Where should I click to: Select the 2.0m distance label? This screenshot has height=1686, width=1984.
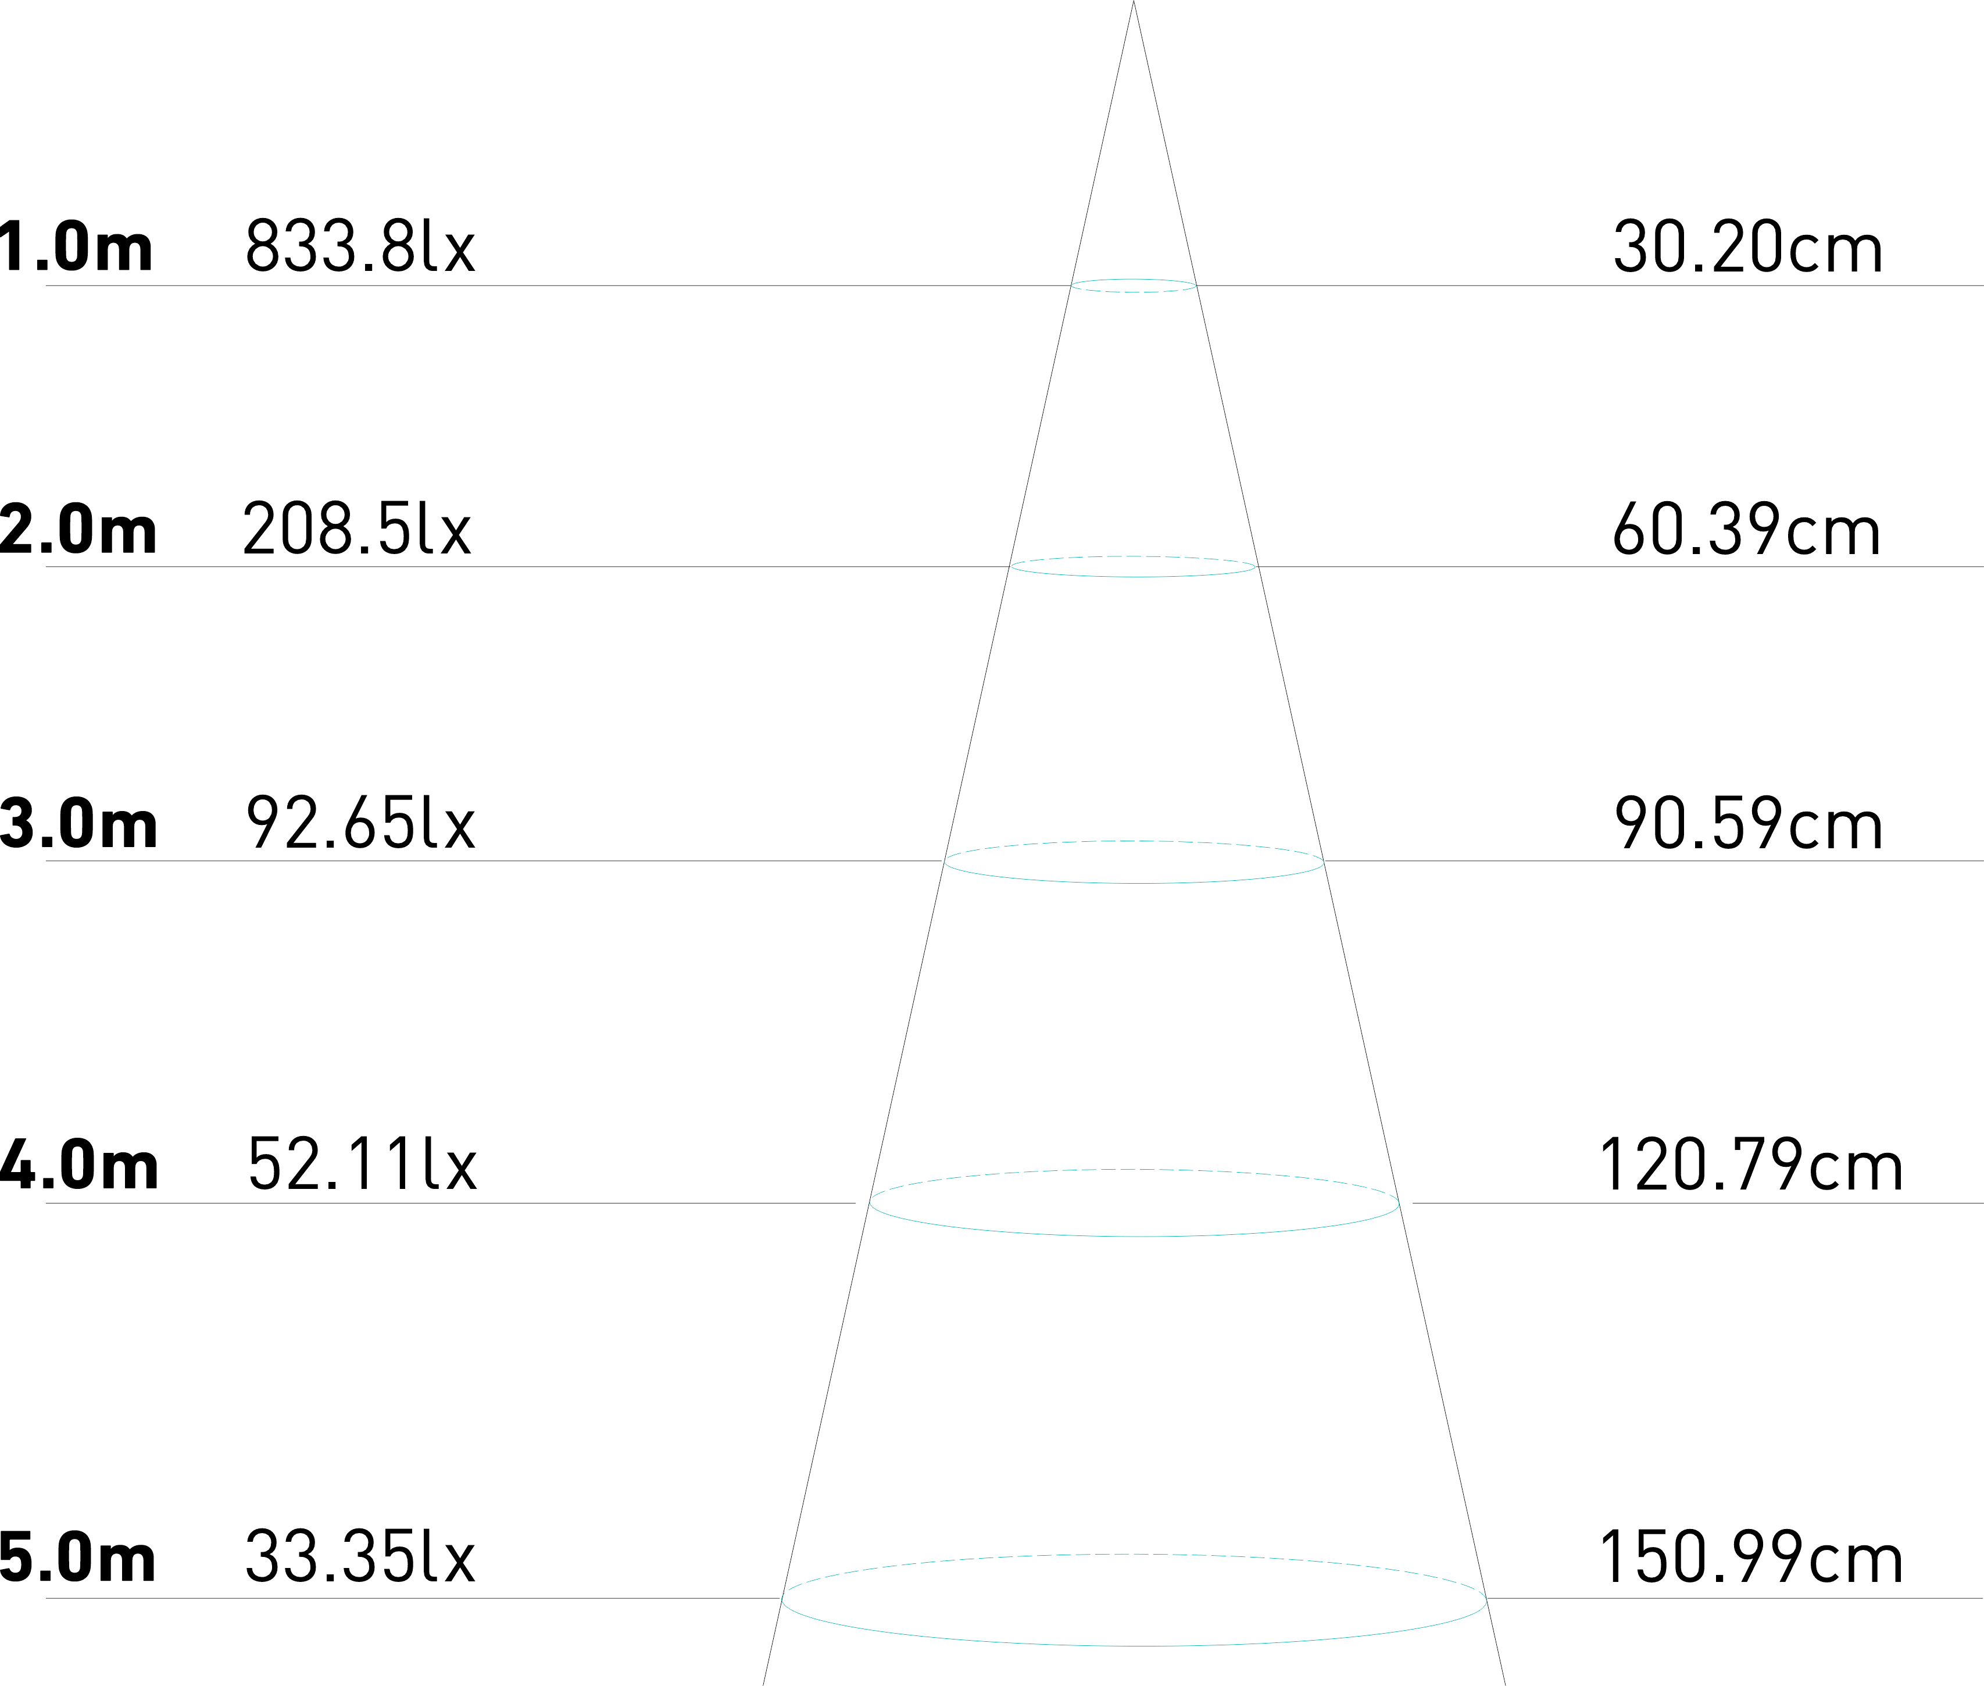pyautogui.click(x=78, y=530)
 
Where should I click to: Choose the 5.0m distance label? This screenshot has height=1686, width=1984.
pyautogui.click(x=78, y=1558)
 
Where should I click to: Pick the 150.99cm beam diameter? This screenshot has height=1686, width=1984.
pyautogui.click(x=1750, y=1558)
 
